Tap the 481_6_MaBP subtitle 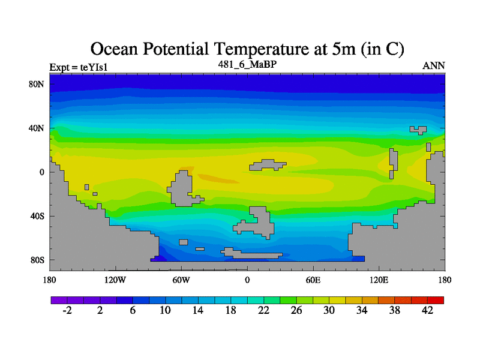(247, 64)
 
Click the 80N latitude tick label (38, 84)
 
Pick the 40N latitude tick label (38, 128)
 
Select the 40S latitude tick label (38, 216)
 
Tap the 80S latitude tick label (38, 260)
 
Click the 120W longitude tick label (115, 280)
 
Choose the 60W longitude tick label (181, 280)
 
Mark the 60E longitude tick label (313, 280)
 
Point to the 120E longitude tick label (379, 280)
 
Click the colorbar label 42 (428, 310)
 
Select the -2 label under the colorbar (67, 310)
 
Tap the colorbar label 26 (296, 310)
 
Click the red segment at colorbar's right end (436, 299)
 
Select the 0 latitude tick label (43, 172)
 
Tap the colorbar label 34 (362, 310)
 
